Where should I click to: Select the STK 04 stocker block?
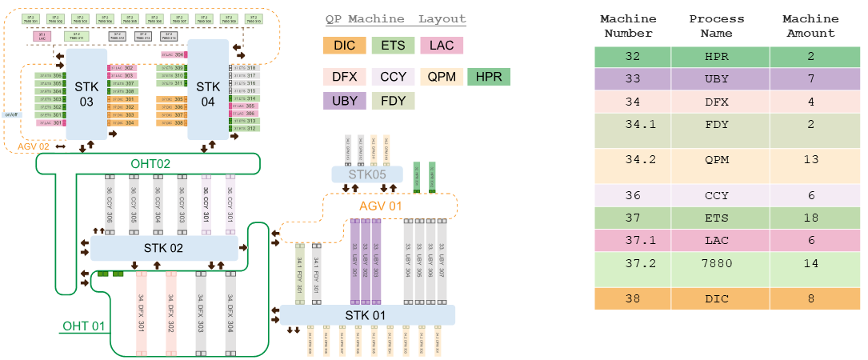click(207, 88)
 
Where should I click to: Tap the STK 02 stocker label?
click(165, 248)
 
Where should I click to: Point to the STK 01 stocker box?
click(367, 314)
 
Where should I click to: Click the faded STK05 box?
click(366, 174)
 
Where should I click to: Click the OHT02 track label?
click(152, 164)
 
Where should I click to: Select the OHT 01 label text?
click(84, 326)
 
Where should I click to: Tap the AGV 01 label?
click(380, 206)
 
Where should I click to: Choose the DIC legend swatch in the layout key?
click(345, 46)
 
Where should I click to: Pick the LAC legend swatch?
click(442, 46)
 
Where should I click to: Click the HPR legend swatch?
click(489, 77)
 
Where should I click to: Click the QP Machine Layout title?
click(395, 19)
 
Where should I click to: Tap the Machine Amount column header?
click(810, 26)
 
